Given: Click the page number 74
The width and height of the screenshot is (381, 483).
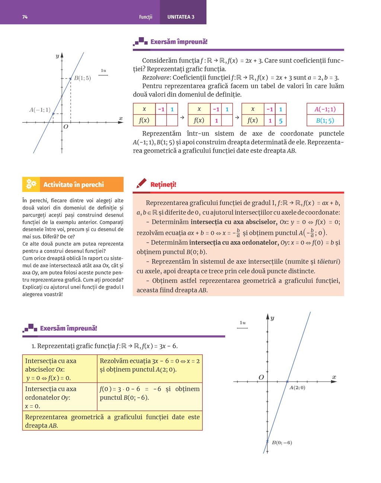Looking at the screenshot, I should pyautogui.click(x=25, y=17).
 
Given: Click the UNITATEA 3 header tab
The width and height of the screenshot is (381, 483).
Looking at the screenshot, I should pyautogui.click(x=181, y=17).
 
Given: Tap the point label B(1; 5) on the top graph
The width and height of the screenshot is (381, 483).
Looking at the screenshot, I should pyautogui.click(x=82, y=78).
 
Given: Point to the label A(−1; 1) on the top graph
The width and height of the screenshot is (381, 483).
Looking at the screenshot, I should pyautogui.click(x=40, y=110).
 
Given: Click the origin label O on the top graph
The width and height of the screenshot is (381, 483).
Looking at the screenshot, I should pyautogui.click(x=66, y=127).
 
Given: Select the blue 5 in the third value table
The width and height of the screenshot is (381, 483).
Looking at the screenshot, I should pyautogui.click(x=281, y=121).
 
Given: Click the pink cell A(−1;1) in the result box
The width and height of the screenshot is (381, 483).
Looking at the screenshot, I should pyautogui.click(x=325, y=109).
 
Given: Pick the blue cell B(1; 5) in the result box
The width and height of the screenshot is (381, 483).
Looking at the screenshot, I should pyautogui.click(x=325, y=121).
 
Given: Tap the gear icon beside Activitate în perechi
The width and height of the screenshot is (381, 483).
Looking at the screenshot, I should pyautogui.click(x=31, y=184).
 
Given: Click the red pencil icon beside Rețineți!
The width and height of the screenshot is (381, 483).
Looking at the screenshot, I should pyautogui.click(x=141, y=183).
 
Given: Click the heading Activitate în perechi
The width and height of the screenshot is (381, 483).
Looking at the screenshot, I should pyautogui.click(x=74, y=185).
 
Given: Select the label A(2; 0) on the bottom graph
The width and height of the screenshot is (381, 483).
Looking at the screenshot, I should pyautogui.click(x=297, y=388).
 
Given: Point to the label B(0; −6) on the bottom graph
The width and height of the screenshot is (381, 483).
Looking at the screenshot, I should pyautogui.click(x=282, y=443).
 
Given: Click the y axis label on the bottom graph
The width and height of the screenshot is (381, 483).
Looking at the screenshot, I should pyautogui.click(x=272, y=318).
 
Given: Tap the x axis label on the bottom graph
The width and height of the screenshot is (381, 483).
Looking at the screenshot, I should pyautogui.click(x=334, y=377).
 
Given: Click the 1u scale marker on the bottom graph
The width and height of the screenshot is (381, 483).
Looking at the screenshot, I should pyautogui.click(x=243, y=323).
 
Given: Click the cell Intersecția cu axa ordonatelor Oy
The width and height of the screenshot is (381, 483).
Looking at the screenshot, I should pyautogui.click(x=60, y=397).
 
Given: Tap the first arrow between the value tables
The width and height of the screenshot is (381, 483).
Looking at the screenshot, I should pyautogui.click(x=182, y=117).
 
